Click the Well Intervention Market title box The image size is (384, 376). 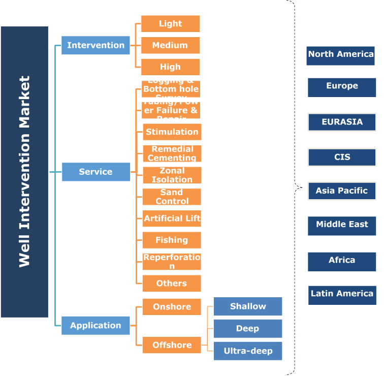point(24,172)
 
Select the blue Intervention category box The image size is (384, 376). point(95,45)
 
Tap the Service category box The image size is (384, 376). point(95,172)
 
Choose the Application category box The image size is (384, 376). point(95,326)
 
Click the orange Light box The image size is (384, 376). point(170,24)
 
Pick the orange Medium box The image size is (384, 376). point(170,45)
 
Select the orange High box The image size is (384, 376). point(170,67)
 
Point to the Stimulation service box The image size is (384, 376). point(172,132)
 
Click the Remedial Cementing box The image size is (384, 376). point(172,153)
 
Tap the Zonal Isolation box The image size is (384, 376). point(172,175)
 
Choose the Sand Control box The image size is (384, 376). point(172,197)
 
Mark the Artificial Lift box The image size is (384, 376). point(172,218)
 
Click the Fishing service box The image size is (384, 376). point(172,240)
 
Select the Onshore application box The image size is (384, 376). point(172,307)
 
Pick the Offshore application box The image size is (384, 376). point(172,345)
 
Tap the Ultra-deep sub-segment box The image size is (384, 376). point(248,351)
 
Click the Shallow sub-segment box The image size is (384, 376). point(248,306)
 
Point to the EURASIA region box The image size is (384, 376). point(342,122)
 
